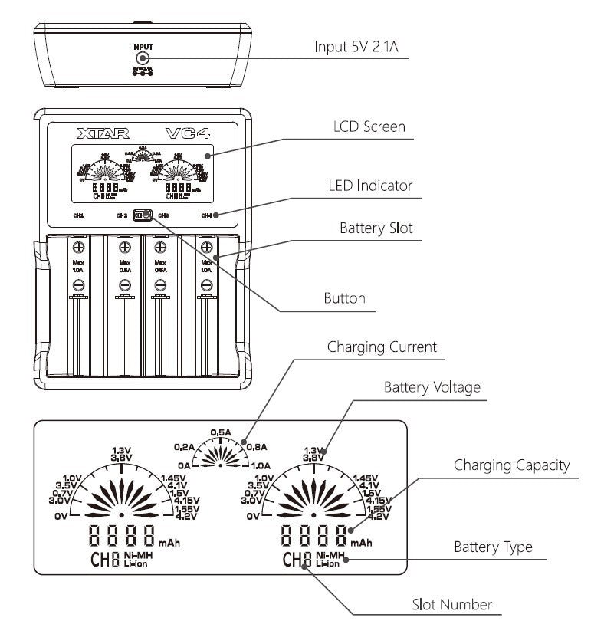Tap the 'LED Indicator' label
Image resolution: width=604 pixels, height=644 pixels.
pyautogui.click(x=369, y=185)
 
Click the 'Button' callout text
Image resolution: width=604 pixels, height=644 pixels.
pyautogui.click(x=344, y=298)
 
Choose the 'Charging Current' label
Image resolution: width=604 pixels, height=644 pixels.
pyautogui.click(x=382, y=347)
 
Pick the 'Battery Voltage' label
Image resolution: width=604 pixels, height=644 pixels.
pyautogui.click(x=432, y=387)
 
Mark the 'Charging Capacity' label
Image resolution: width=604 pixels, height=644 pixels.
pyautogui.click(x=512, y=465)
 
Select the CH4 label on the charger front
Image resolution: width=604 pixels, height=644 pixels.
pyautogui.click(x=206, y=215)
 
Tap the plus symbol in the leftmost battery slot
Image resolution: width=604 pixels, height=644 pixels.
pyautogui.click(x=77, y=247)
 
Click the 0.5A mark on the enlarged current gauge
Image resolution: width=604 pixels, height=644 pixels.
pyautogui.click(x=221, y=432)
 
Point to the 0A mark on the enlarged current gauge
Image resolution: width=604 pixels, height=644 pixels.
pyautogui.click(x=182, y=465)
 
